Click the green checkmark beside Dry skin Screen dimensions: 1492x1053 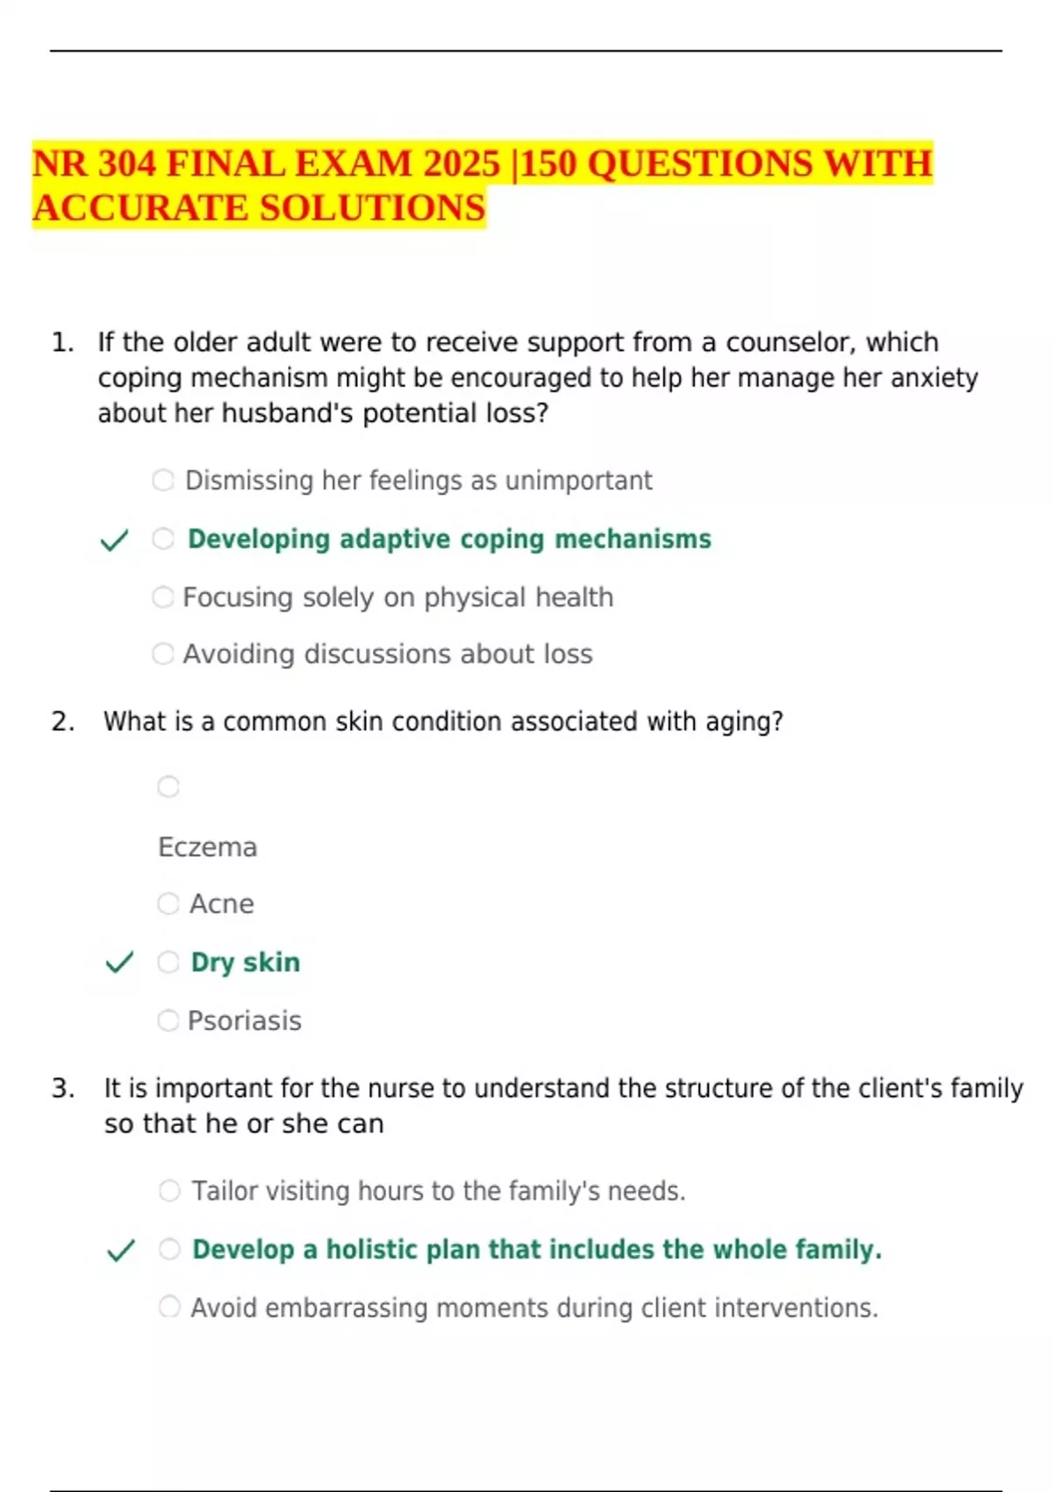click(x=119, y=963)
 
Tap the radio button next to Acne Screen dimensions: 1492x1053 click(x=168, y=904)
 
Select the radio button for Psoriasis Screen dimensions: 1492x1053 click(x=168, y=1021)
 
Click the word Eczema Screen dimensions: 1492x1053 click(x=207, y=848)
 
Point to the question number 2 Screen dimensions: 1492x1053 click(x=61, y=721)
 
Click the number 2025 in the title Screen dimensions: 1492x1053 click(x=461, y=164)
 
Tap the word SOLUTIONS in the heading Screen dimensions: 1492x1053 click(x=372, y=208)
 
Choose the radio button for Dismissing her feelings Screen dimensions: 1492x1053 click(x=163, y=480)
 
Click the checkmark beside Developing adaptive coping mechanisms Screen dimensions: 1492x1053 click(x=115, y=540)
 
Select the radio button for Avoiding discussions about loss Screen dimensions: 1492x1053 click(x=163, y=654)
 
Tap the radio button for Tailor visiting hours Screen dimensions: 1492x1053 click(x=169, y=1191)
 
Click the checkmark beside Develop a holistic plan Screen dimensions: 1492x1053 click(x=120, y=1251)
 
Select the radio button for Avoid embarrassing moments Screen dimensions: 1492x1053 click(x=169, y=1307)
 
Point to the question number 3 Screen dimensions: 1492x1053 click(x=62, y=1088)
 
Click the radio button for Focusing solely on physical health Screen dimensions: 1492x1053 click(x=163, y=597)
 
